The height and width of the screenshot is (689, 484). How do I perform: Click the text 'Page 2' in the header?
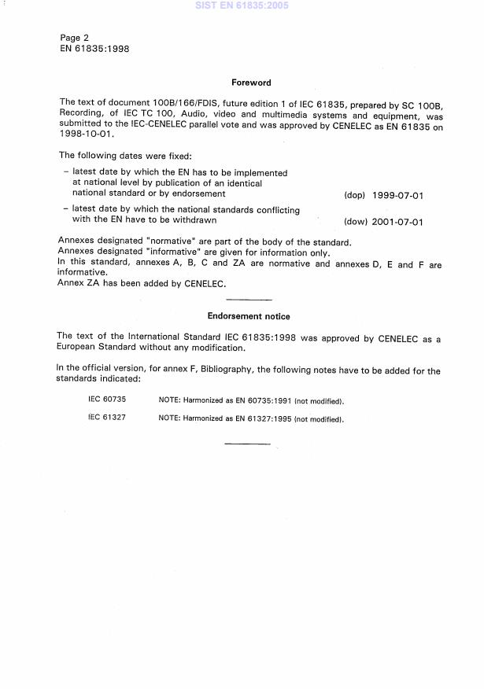point(75,37)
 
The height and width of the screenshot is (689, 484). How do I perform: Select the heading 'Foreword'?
point(251,82)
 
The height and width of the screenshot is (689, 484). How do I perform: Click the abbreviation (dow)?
point(356,222)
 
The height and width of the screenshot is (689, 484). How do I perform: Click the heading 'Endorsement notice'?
point(249,316)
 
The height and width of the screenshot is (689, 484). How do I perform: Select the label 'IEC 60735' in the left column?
point(107,400)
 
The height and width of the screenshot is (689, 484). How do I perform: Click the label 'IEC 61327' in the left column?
point(107,418)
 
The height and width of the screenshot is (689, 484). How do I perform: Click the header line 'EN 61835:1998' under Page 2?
point(94,48)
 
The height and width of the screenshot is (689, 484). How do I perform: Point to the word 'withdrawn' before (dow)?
point(192,220)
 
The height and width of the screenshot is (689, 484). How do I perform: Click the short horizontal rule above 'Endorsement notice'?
point(249,300)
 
